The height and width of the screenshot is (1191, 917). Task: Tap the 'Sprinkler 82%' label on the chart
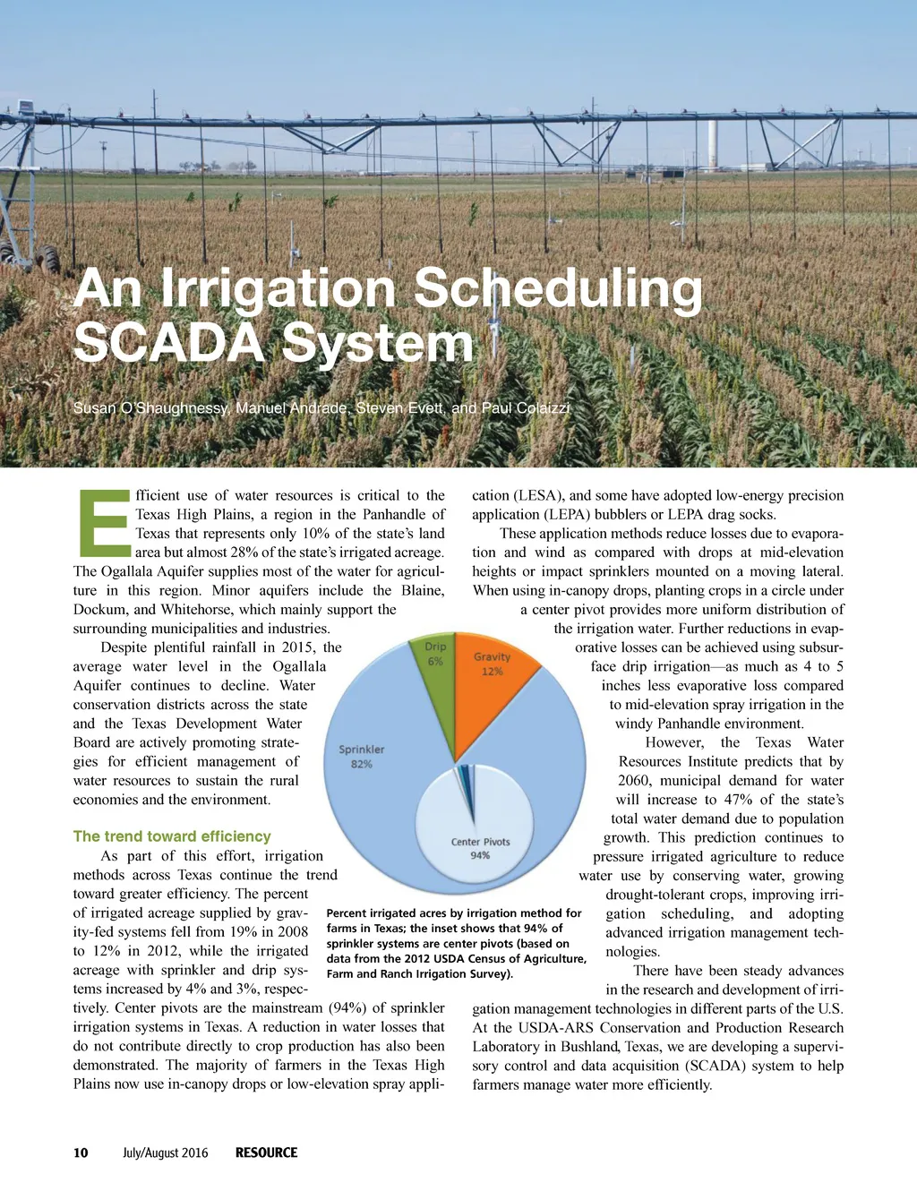coord(362,757)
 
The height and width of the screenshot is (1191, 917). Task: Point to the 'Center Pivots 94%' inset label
coord(480,848)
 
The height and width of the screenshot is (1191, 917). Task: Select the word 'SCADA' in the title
coord(169,343)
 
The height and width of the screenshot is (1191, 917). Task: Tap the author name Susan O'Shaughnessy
coord(151,408)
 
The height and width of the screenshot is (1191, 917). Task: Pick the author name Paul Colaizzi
coord(525,408)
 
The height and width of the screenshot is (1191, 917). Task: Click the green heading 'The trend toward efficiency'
coord(172,836)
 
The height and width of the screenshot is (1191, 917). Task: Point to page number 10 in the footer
coord(81,1152)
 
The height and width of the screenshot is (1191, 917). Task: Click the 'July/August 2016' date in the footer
coord(165,1152)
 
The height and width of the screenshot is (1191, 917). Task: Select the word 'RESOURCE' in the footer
coord(266,1152)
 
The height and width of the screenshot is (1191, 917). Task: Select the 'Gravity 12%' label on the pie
coord(492,664)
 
